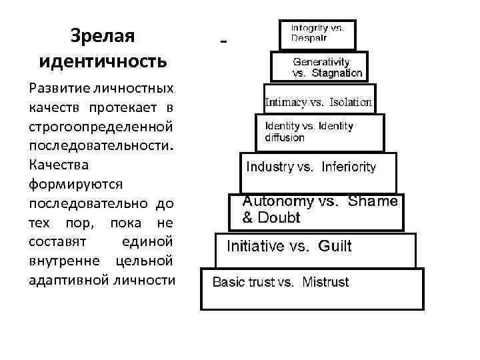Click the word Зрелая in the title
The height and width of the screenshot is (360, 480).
(x=102, y=37)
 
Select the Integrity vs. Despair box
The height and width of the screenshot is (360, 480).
(x=317, y=34)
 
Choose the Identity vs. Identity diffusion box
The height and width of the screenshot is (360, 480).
(x=320, y=132)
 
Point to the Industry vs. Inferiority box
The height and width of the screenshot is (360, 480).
(x=318, y=167)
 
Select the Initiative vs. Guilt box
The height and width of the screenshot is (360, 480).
(x=315, y=247)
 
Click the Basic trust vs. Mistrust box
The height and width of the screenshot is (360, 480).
(x=312, y=288)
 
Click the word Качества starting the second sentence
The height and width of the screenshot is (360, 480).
(x=59, y=163)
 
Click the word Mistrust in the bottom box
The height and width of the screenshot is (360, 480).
(x=325, y=282)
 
